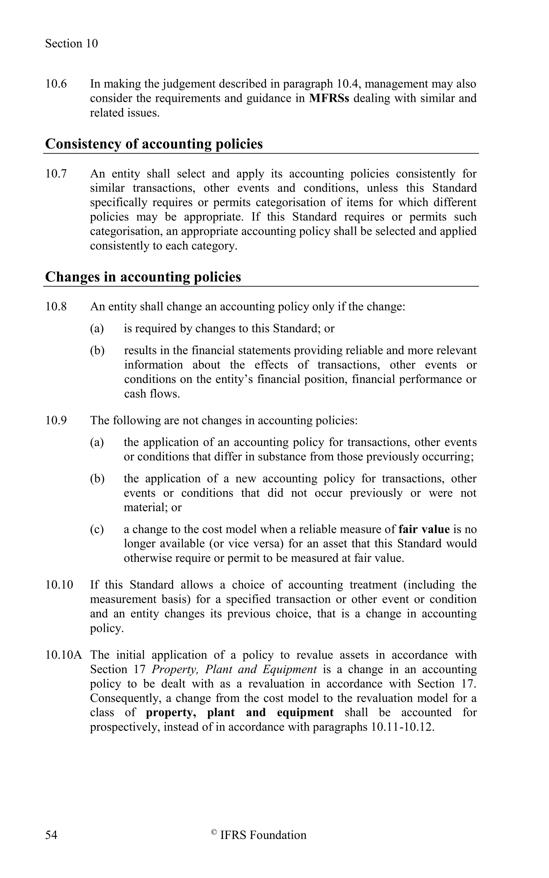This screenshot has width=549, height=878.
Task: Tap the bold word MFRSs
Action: [x=329, y=98]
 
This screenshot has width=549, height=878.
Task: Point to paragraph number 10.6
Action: [x=56, y=84]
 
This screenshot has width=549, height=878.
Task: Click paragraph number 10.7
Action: [x=56, y=174]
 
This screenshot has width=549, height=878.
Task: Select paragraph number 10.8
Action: [x=56, y=307]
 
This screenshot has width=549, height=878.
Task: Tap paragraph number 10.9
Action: [x=56, y=420]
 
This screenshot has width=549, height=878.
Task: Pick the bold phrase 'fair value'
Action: [x=424, y=529]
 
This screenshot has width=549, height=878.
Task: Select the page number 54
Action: [x=51, y=842]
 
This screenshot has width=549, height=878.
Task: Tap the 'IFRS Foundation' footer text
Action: [x=263, y=842]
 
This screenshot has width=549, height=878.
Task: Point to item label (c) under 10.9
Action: [x=97, y=529]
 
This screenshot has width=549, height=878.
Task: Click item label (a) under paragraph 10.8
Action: [x=97, y=329]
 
